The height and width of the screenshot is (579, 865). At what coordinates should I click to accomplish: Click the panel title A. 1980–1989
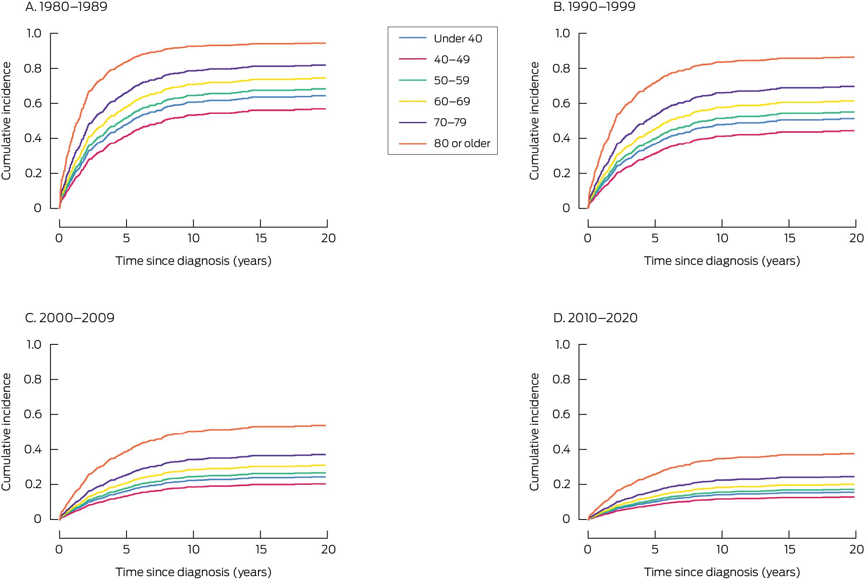(x=66, y=7)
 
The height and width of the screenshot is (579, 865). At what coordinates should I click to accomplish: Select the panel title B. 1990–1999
(x=594, y=7)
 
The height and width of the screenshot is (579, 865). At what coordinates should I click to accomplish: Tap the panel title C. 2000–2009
(x=70, y=318)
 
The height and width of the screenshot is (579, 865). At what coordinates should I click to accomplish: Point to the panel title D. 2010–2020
(x=595, y=318)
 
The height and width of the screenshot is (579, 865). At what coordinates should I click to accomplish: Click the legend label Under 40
(x=458, y=39)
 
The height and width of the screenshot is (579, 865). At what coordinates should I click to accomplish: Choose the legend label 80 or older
(x=462, y=143)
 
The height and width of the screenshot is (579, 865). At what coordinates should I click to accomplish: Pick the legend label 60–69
(x=452, y=101)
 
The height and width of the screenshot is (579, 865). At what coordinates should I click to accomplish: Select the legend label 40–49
(x=452, y=59)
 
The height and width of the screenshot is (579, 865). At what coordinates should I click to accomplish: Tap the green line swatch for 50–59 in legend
(x=413, y=80)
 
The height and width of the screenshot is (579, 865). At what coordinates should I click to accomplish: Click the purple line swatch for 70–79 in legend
(x=413, y=122)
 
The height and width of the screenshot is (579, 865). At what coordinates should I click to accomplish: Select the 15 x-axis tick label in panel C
(x=261, y=549)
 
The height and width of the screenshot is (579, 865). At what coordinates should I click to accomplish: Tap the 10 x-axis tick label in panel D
(x=722, y=549)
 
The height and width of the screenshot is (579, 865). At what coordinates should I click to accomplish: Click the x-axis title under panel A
(x=193, y=261)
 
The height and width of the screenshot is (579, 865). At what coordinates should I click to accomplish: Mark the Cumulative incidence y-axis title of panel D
(x=534, y=432)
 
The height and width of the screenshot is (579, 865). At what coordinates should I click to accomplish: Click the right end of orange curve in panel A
(x=325, y=43)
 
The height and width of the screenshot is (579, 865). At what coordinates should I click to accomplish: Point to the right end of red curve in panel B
(x=854, y=131)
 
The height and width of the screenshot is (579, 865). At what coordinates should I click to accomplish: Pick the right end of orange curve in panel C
(x=325, y=426)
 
